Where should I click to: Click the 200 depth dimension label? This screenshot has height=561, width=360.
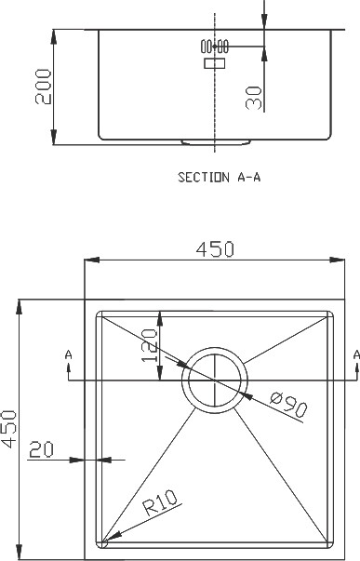(x=44, y=87)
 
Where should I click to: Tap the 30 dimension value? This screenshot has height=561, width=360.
(x=254, y=98)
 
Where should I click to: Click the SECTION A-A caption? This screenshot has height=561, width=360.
(x=220, y=177)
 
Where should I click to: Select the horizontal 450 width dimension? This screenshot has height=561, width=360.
(x=215, y=249)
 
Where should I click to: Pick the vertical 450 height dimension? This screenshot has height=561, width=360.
(x=8, y=429)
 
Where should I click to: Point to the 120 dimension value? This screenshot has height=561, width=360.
(x=149, y=345)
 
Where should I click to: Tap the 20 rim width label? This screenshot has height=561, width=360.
(x=41, y=449)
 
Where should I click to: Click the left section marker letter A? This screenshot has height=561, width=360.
(x=68, y=354)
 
